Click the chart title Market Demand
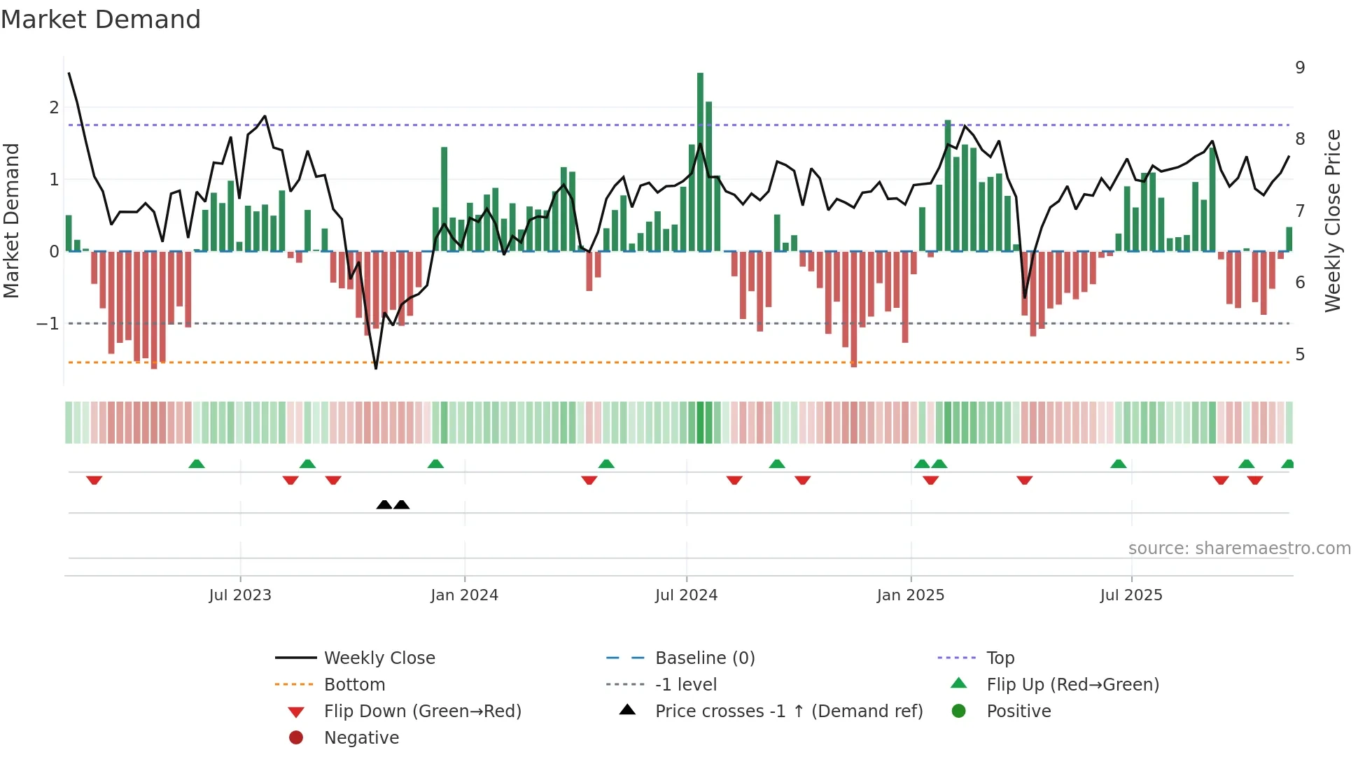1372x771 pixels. [x=101, y=20]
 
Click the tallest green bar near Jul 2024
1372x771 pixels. [x=700, y=161]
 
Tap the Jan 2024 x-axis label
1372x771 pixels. [x=464, y=595]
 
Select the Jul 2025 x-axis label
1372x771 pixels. [x=1130, y=595]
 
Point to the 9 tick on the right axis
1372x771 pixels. [x=1300, y=68]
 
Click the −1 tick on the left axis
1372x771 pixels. [x=48, y=324]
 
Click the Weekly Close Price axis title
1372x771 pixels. [x=1333, y=220]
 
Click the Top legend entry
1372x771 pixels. [x=1000, y=658]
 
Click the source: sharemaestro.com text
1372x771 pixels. [x=1239, y=549]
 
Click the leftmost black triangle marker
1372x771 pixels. [x=384, y=504]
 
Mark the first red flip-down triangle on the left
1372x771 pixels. [x=94, y=480]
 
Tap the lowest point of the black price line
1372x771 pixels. [x=376, y=368]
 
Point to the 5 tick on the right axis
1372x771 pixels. [x=1300, y=355]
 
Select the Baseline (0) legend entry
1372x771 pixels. [x=704, y=658]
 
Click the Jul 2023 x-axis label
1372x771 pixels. [x=240, y=595]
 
